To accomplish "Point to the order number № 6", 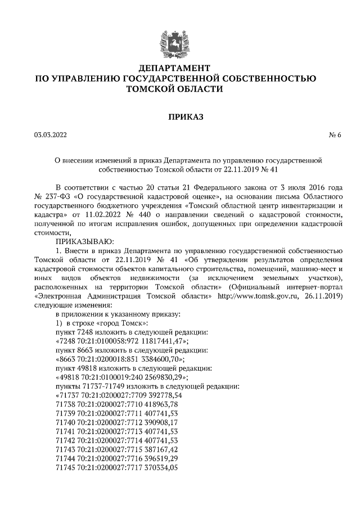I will [x=335, y=135].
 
